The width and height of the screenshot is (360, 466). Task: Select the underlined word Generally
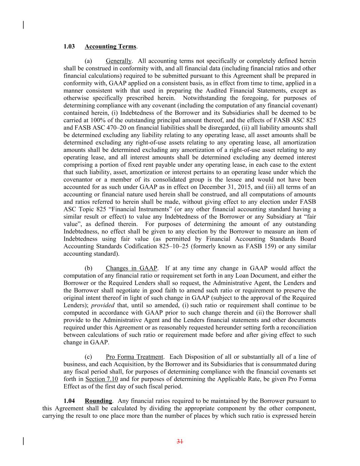click(118, 61)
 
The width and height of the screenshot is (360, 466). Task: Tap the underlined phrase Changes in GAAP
click(131, 268)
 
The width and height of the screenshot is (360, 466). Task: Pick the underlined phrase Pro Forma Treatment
click(134, 357)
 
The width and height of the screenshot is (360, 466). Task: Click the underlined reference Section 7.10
click(101, 379)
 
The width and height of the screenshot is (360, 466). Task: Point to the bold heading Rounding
click(98, 401)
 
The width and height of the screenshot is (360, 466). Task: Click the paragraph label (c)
click(88, 357)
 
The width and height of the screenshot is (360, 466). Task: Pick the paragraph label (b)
click(88, 268)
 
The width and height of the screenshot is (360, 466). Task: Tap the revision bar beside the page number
click(23, 441)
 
